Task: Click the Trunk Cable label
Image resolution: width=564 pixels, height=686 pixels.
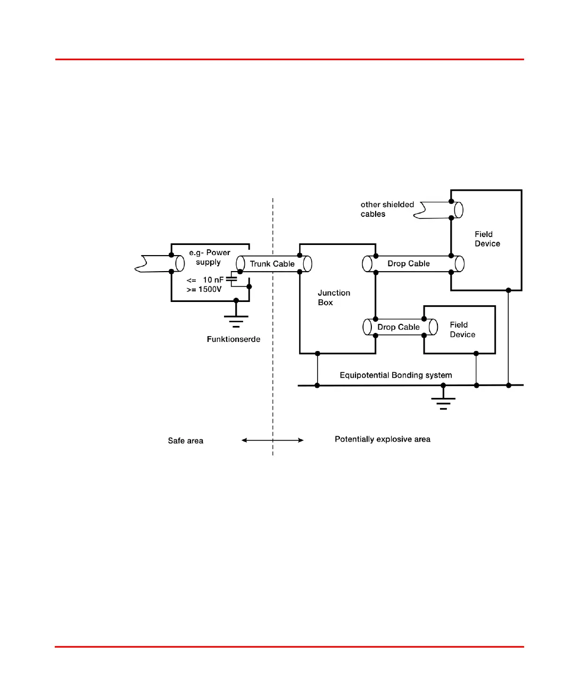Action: point(272,264)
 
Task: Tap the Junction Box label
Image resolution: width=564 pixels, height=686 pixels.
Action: point(334,298)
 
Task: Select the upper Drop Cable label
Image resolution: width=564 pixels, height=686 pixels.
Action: point(408,264)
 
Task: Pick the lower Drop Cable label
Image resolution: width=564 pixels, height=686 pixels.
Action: point(399,327)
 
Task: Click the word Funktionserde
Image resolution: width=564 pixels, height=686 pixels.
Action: point(234,339)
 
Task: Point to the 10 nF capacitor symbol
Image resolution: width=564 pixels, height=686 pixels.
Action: point(231,279)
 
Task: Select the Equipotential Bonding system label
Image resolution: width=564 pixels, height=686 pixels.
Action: point(396,375)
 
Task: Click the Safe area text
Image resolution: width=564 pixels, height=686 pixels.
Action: point(186,441)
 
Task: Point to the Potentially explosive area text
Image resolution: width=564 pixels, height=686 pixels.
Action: point(383,439)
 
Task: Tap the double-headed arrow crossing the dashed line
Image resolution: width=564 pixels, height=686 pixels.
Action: point(272,440)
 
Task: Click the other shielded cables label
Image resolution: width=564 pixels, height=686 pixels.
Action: point(387,209)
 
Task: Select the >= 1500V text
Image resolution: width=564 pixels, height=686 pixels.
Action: point(204,289)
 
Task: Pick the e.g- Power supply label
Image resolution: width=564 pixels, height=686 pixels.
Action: point(209,257)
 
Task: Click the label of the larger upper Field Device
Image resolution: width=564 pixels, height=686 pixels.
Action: point(487,239)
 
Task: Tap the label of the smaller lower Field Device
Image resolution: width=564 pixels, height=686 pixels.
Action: point(462,330)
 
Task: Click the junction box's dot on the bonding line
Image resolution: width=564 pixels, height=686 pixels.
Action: point(318,385)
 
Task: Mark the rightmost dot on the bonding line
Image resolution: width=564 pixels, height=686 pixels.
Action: point(509,385)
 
